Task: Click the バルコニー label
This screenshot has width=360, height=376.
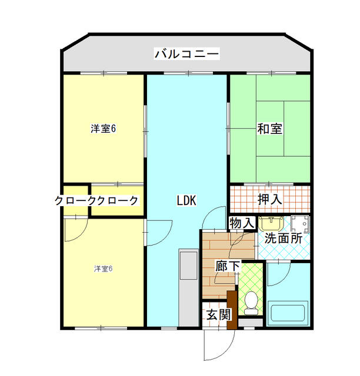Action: point(186,55)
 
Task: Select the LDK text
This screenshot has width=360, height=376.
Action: point(186,200)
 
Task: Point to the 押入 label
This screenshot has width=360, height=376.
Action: point(270,199)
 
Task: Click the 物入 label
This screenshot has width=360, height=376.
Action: point(241,223)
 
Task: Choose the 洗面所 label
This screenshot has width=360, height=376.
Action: point(284,239)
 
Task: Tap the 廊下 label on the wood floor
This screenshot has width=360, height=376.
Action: point(228,266)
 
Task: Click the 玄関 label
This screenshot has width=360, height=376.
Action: point(218,314)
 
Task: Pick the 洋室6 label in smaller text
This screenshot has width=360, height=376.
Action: point(103,268)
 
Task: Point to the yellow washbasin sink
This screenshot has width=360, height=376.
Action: point(271,223)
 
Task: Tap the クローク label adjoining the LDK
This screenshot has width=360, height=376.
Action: point(117,200)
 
